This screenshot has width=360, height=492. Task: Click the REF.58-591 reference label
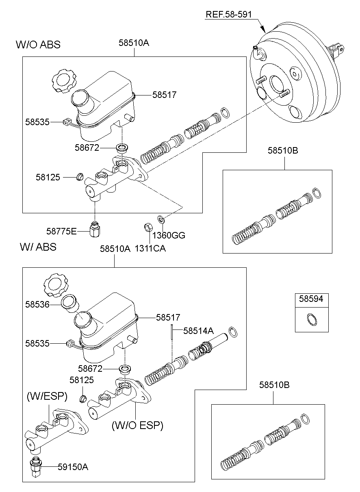click(229, 15)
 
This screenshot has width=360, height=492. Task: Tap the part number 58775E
click(61, 231)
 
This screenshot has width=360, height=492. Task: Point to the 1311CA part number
click(150, 248)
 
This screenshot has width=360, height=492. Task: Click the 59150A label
click(73, 467)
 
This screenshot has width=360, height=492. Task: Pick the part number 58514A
click(198, 331)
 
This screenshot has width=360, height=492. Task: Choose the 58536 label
click(37, 304)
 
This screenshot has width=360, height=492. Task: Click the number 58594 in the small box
click(311, 299)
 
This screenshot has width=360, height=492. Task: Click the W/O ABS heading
click(38, 45)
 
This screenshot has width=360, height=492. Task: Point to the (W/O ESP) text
click(137, 425)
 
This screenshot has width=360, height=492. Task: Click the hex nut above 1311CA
click(148, 226)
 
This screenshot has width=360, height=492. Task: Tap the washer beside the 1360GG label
click(161, 220)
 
